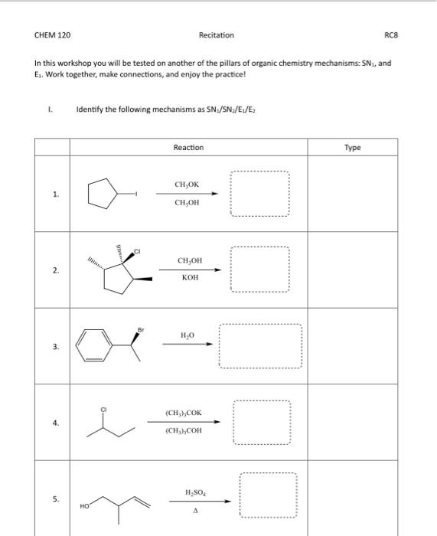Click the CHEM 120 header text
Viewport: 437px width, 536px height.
point(47,35)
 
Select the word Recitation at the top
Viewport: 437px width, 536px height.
point(217,35)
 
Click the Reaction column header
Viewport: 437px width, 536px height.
point(188,147)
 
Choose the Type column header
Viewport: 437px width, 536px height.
point(352,147)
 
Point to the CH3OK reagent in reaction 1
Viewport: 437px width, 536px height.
point(188,185)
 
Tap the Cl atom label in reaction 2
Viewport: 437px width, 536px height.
point(137,250)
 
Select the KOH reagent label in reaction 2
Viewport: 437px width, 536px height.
point(190,278)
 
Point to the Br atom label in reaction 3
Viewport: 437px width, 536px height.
point(141,329)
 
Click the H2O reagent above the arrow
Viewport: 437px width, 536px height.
point(188,335)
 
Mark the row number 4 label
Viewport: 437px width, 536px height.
point(55,423)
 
